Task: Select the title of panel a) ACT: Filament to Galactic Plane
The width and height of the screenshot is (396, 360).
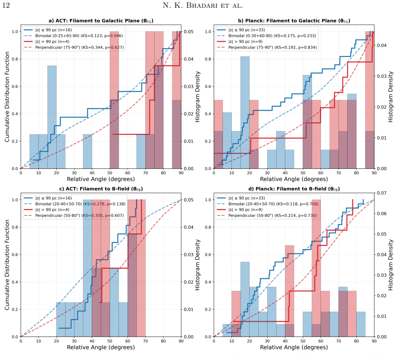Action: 101,21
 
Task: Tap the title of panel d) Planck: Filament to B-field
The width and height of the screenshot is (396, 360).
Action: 294,189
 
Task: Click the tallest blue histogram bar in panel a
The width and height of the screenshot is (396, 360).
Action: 52,117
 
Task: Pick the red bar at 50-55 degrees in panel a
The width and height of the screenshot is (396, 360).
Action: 114,100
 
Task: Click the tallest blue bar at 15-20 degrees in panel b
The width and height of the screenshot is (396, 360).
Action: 245,113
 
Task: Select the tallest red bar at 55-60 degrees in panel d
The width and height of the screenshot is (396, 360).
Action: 316,268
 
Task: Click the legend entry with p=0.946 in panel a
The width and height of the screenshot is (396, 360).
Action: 74,36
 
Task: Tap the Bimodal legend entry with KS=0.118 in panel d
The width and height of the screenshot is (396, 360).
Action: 268,204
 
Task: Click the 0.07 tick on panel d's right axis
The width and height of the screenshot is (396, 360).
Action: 381,193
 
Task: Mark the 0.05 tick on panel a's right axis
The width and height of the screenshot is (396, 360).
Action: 188,32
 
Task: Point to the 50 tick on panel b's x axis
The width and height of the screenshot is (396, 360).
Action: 303,173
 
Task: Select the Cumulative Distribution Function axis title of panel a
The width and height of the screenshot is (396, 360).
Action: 7,97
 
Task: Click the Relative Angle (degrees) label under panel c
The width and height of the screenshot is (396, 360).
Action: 101,347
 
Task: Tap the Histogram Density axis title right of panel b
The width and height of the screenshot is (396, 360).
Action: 391,97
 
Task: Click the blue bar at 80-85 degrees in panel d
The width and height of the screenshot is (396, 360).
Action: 361,324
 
